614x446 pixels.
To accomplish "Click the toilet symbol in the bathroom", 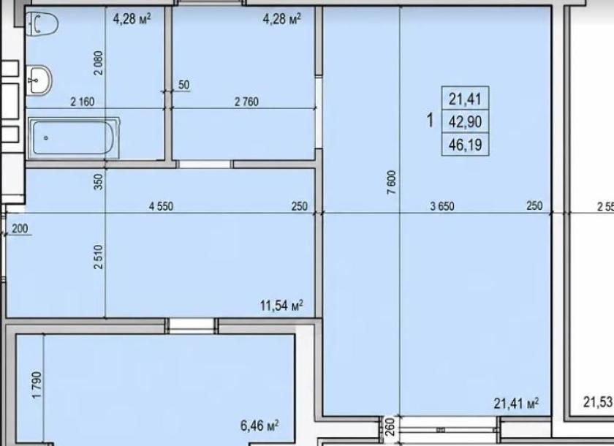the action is click(x=42, y=24).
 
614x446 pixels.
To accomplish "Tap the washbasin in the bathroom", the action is click(x=39, y=80).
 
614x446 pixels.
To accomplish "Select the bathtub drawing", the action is click(x=74, y=138).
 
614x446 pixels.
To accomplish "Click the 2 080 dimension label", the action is click(x=99, y=63).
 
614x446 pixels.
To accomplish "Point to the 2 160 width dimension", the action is click(x=82, y=102).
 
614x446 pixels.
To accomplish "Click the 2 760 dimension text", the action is click(x=246, y=102).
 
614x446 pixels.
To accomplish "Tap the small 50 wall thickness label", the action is click(x=183, y=85).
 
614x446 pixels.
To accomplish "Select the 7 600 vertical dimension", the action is click(x=392, y=182).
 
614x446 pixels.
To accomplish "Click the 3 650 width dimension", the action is click(x=442, y=206).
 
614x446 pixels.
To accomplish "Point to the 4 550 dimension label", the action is click(x=161, y=206).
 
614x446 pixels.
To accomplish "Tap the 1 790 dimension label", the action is click(x=37, y=385).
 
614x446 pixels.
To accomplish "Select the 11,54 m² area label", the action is click(x=281, y=305).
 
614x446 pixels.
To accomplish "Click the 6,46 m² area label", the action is click(x=259, y=426).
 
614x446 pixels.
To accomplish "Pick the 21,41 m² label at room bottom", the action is click(x=516, y=403).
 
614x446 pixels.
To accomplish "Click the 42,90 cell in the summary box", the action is click(x=465, y=122).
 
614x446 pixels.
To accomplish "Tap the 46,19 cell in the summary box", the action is click(x=465, y=145).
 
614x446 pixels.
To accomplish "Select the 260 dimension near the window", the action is click(x=389, y=427).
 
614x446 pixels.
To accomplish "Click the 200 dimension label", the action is click(x=20, y=228).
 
